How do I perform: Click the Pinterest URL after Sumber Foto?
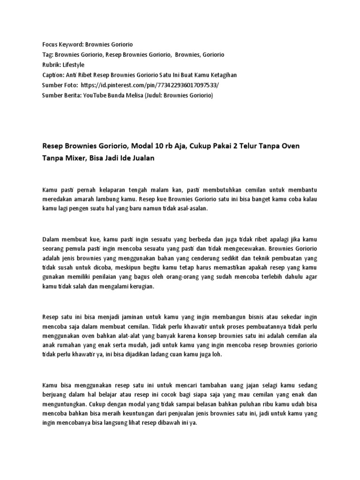[x=150, y=85]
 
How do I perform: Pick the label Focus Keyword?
[x=62, y=44]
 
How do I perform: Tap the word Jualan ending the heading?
[x=140, y=158]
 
